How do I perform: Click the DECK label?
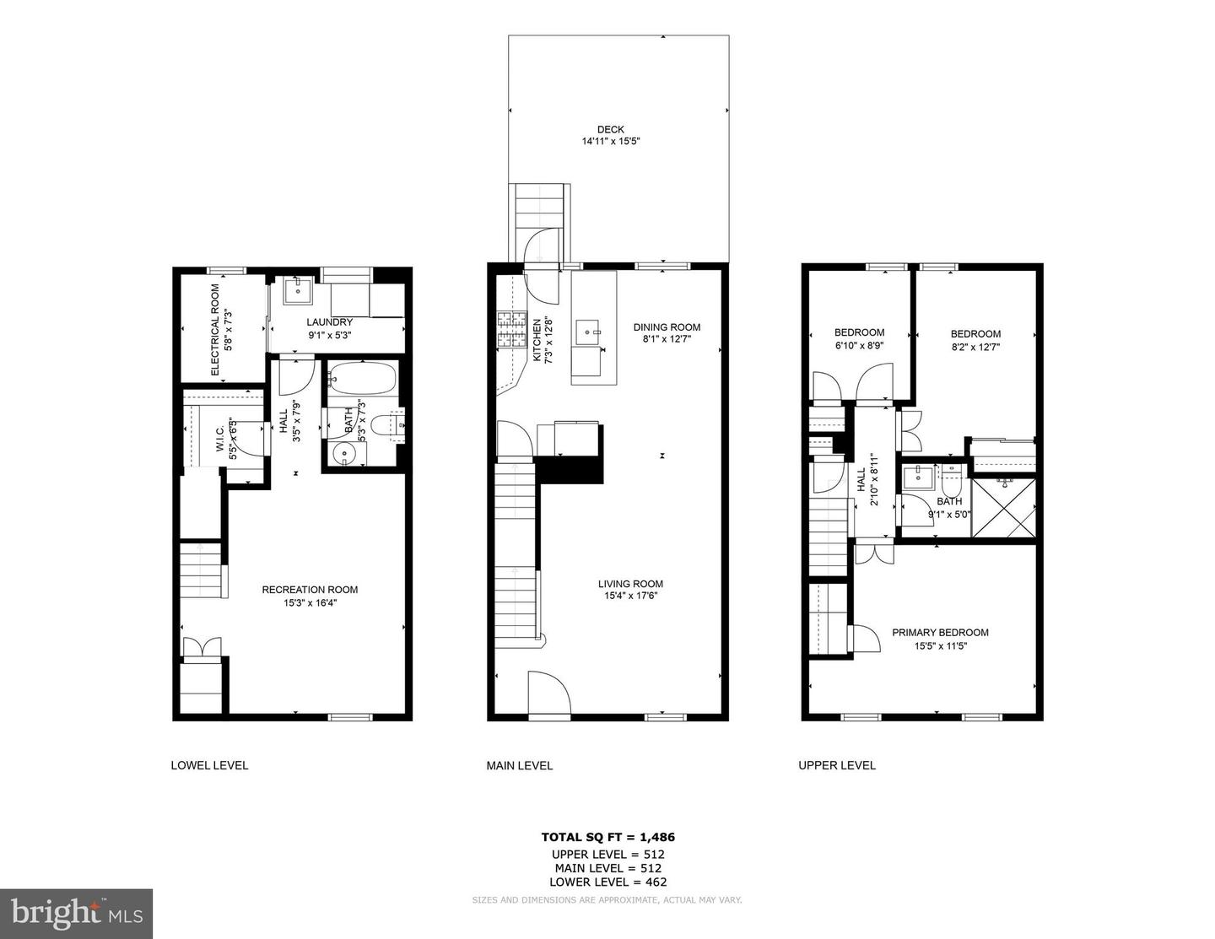(611, 129)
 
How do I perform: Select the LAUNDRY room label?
(329, 322)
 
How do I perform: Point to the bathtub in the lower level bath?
(362, 379)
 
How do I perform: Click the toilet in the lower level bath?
(390, 425)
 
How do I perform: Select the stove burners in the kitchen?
(510, 330)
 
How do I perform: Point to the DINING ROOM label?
(667, 327)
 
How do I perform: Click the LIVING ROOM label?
(630, 584)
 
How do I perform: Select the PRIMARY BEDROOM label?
(940, 633)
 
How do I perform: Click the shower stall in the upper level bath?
(1003, 507)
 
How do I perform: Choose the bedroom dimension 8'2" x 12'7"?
(975, 347)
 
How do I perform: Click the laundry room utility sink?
(297, 292)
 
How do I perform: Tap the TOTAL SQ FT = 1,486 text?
(607, 838)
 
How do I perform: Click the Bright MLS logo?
(77, 914)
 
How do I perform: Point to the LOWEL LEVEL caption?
(209, 766)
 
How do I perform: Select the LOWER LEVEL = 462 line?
(607, 882)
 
